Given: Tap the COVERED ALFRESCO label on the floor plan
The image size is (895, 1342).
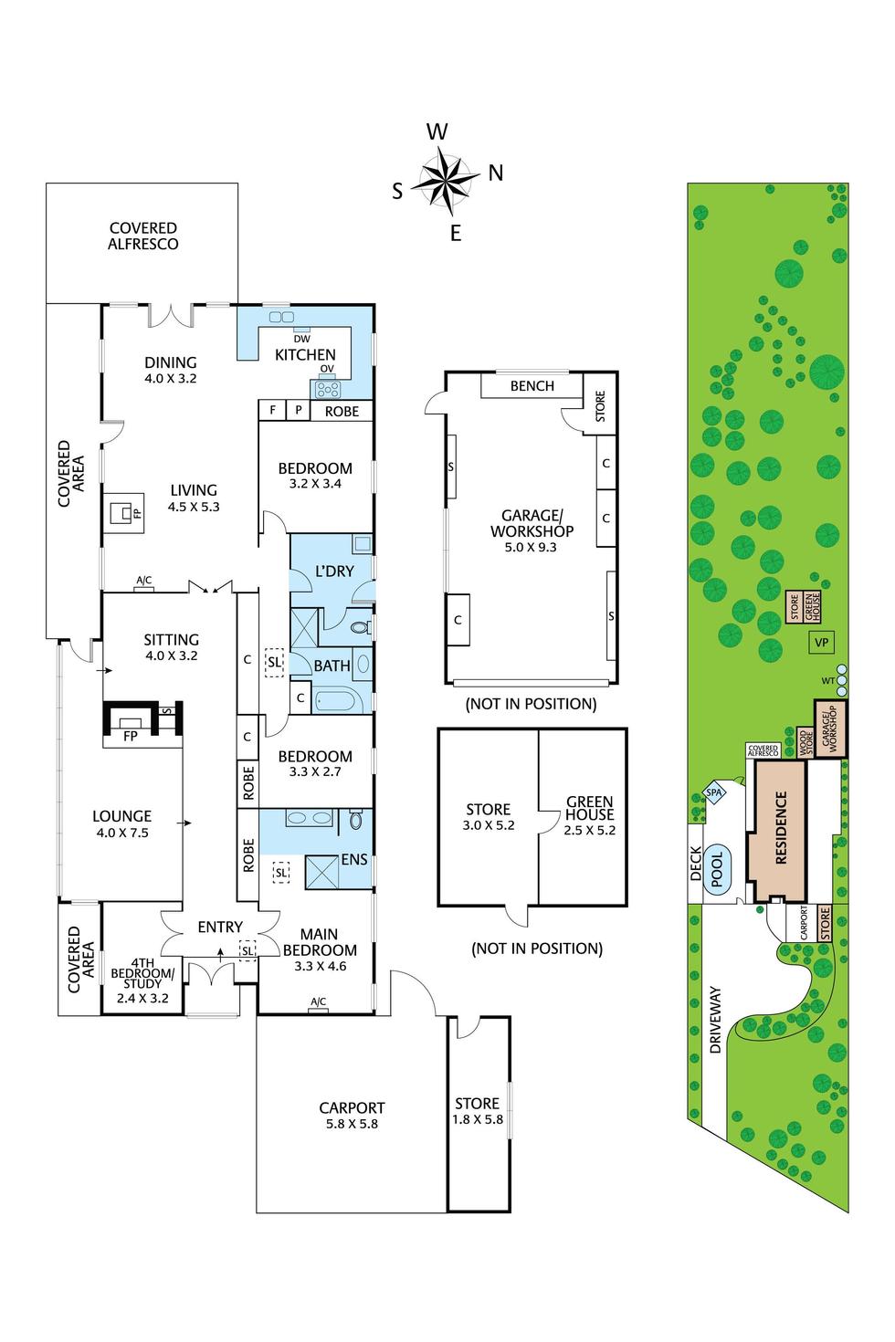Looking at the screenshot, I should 143,236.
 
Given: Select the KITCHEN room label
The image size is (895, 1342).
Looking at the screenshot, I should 305,354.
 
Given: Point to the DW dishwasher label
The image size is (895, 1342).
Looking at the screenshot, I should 301,339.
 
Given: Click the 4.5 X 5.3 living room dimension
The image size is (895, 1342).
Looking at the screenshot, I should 194,507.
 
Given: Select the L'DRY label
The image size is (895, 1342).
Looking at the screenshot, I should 333,571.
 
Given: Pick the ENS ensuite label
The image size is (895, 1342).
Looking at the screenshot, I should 354,859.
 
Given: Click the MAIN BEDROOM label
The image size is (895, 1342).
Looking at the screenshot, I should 319,941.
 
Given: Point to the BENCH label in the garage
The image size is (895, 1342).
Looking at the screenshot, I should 532,385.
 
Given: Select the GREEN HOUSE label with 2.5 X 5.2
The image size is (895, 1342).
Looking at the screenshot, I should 590,815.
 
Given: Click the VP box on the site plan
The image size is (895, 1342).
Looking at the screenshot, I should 821,643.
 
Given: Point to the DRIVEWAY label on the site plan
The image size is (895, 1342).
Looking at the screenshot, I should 715,1019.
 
